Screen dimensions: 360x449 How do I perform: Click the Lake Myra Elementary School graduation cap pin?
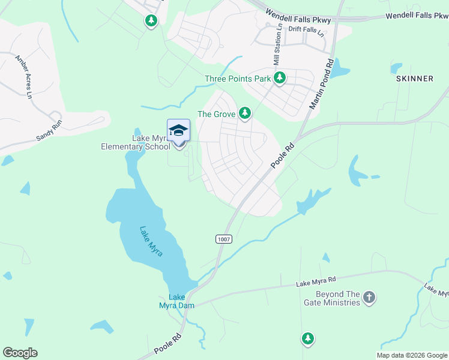pos(178,131)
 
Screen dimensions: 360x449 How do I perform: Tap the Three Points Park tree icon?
pos(279,78)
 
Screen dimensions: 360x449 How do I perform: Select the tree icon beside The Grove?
pos(244,113)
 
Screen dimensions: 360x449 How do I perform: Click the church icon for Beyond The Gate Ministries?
pos(369,297)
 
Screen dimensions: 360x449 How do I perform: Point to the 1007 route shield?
pos(223,239)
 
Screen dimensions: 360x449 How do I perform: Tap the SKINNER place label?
pos(414,79)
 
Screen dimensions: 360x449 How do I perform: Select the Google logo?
pos(20,353)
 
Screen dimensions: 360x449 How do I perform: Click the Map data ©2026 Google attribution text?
pos(412,355)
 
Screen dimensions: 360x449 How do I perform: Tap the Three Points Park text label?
pos(238,79)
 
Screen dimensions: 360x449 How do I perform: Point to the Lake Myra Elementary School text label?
pos(136,142)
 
